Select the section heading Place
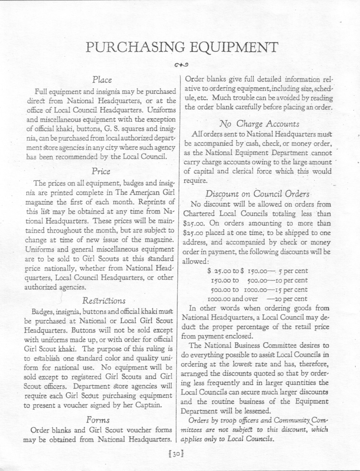102,79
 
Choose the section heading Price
101,171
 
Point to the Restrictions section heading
104,301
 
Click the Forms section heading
98,420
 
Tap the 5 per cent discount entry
293,271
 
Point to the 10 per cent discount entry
289,280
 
